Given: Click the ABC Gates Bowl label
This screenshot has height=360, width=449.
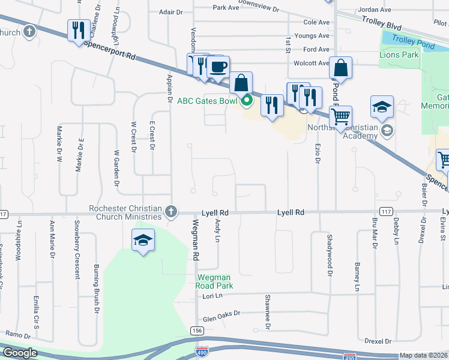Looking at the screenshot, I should [207, 101].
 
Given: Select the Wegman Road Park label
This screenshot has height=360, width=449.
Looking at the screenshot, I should [215, 281].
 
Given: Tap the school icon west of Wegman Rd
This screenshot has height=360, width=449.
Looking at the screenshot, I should [143, 241].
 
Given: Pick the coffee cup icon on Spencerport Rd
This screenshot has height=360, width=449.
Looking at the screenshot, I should [218, 66].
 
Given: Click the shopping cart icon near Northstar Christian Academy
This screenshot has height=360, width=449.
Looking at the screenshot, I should [340, 116].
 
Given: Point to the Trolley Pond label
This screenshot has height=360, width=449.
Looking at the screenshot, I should [409, 40].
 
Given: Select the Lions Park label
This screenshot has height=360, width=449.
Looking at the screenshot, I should [399, 55].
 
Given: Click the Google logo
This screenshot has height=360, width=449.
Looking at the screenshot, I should [20, 353].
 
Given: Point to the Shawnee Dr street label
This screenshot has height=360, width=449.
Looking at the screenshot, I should [268, 312].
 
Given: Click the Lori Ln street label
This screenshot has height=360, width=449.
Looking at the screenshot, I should [212, 296].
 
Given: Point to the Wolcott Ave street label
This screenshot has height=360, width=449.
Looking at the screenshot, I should [311, 63].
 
